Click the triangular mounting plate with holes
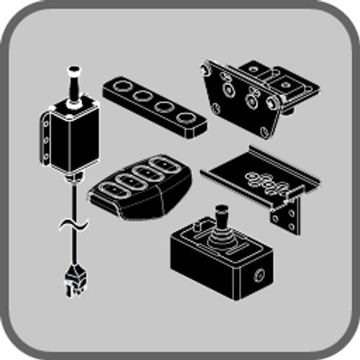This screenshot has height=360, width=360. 238,101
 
